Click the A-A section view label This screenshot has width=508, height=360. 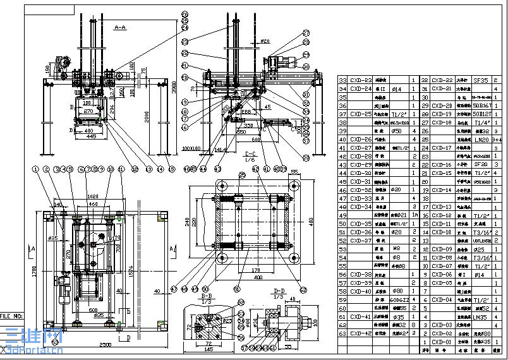click(119, 28)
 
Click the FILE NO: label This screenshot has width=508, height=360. click(12, 315)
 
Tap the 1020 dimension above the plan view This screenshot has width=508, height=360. click(92, 196)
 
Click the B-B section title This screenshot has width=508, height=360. click(206, 295)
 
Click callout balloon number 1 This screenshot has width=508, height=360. click(37, 169)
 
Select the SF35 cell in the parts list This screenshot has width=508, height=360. click(480, 80)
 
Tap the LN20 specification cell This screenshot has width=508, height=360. click(480, 139)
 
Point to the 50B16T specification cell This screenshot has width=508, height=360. click(480, 105)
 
